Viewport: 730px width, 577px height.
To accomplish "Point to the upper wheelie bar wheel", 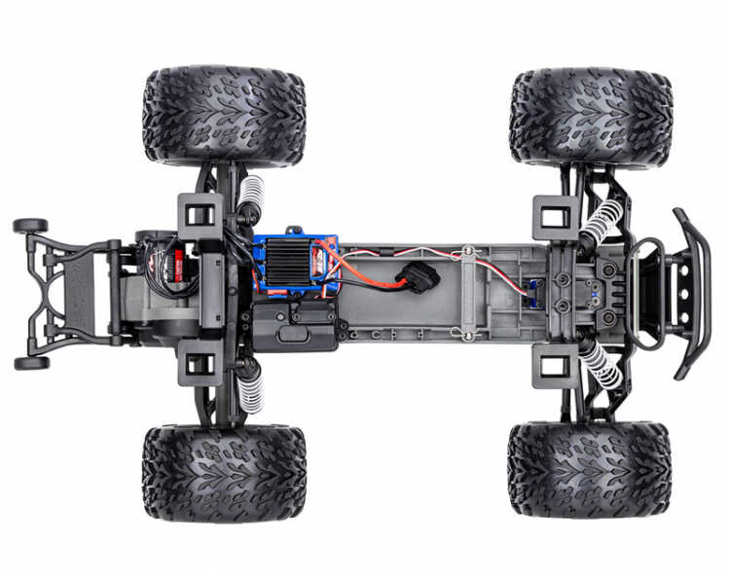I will (x=30, y=226).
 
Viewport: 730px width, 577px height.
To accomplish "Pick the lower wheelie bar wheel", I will (x=30, y=363).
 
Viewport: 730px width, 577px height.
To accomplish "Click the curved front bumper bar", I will (x=693, y=292).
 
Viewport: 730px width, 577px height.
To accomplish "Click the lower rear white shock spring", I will (x=250, y=385).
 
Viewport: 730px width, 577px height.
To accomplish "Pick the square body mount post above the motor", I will (x=200, y=211).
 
